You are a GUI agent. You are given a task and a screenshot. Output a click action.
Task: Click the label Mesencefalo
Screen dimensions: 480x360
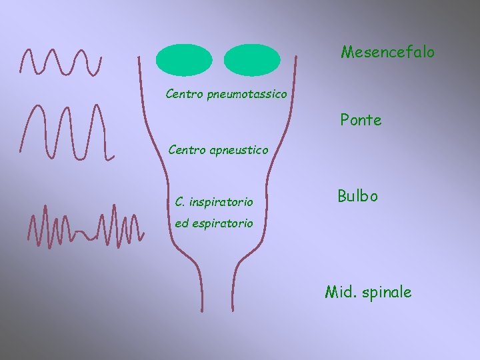point(387,51)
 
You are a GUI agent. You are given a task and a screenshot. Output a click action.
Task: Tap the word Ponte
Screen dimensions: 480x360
point(361,121)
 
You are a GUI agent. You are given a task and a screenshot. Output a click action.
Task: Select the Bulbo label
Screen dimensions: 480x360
point(357,196)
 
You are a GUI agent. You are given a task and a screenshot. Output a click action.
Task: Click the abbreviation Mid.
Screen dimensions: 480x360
point(339,291)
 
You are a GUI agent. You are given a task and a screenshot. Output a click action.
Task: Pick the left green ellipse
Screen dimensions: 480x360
point(184,60)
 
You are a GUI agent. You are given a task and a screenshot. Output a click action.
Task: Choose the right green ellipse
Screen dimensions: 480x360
point(253,60)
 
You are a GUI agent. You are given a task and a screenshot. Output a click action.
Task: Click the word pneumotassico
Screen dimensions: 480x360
point(247,95)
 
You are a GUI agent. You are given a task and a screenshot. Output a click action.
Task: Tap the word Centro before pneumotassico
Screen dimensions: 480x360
point(185,94)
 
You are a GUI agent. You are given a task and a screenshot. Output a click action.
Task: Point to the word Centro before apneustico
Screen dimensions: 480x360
point(187,150)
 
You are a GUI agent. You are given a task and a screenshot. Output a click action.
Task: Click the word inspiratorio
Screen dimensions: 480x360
point(221,201)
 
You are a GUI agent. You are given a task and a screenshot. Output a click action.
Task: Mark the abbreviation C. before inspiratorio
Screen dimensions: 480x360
point(180,201)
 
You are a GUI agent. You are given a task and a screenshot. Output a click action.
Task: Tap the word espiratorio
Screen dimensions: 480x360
point(222,224)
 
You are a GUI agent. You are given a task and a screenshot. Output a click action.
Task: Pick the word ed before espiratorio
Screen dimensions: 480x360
point(181,224)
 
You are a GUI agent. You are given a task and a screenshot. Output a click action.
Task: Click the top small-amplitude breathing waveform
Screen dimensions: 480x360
point(61,61)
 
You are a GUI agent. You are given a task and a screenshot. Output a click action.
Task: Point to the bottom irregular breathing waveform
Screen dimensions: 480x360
point(85,223)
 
